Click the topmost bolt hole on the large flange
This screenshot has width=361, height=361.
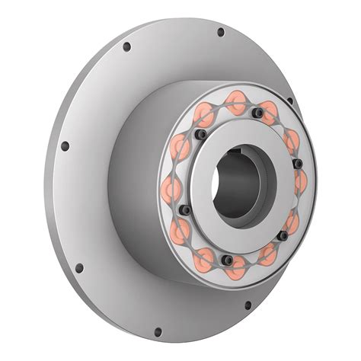pyautogui.click(x=221, y=33)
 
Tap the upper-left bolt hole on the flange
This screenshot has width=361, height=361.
pyautogui.click(x=126, y=47)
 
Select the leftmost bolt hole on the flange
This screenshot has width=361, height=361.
pyautogui.click(x=65, y=145)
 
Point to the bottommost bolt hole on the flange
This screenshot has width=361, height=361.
pyautogui.click(x=158, y=332)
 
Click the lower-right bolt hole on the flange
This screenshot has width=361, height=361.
pyautogui.click(x=248, y=306)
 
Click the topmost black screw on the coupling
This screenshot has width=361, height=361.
pyautogui.click(x=260, y=113)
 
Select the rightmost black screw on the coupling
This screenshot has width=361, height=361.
pyautogui.click(x=298, y=163)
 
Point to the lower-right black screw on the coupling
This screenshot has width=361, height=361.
pyautogui.click(x=282, y=235)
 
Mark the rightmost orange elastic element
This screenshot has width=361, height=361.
pyautogui.click(x=300, y=181)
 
